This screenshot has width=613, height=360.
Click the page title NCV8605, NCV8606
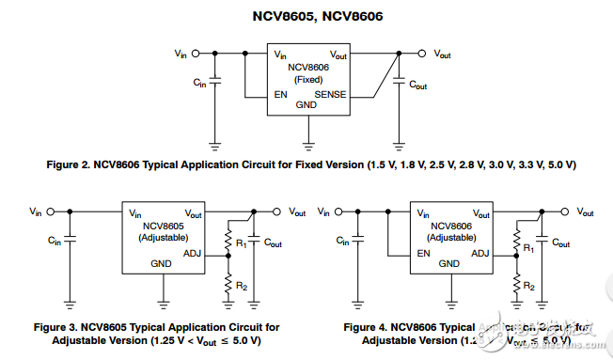(306, 16)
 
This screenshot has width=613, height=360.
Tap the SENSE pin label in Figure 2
(330, 95)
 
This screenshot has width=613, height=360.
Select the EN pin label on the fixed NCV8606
(280, 95)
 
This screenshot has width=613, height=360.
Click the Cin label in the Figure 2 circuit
(199, 84)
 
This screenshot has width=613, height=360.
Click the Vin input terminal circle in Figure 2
(194, 54)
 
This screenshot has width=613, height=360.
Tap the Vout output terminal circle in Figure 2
(422, 54)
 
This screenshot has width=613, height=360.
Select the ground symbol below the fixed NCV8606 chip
(307, 146)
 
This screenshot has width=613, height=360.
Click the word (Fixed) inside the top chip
(307, 80)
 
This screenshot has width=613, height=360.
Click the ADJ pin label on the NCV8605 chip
(193, 253)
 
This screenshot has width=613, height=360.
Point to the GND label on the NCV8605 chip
(162, 263)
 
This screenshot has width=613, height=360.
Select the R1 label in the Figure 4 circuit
(528, 247)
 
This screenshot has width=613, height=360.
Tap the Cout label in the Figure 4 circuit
(561, 243)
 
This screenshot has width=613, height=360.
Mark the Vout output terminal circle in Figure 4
(566, 211)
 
